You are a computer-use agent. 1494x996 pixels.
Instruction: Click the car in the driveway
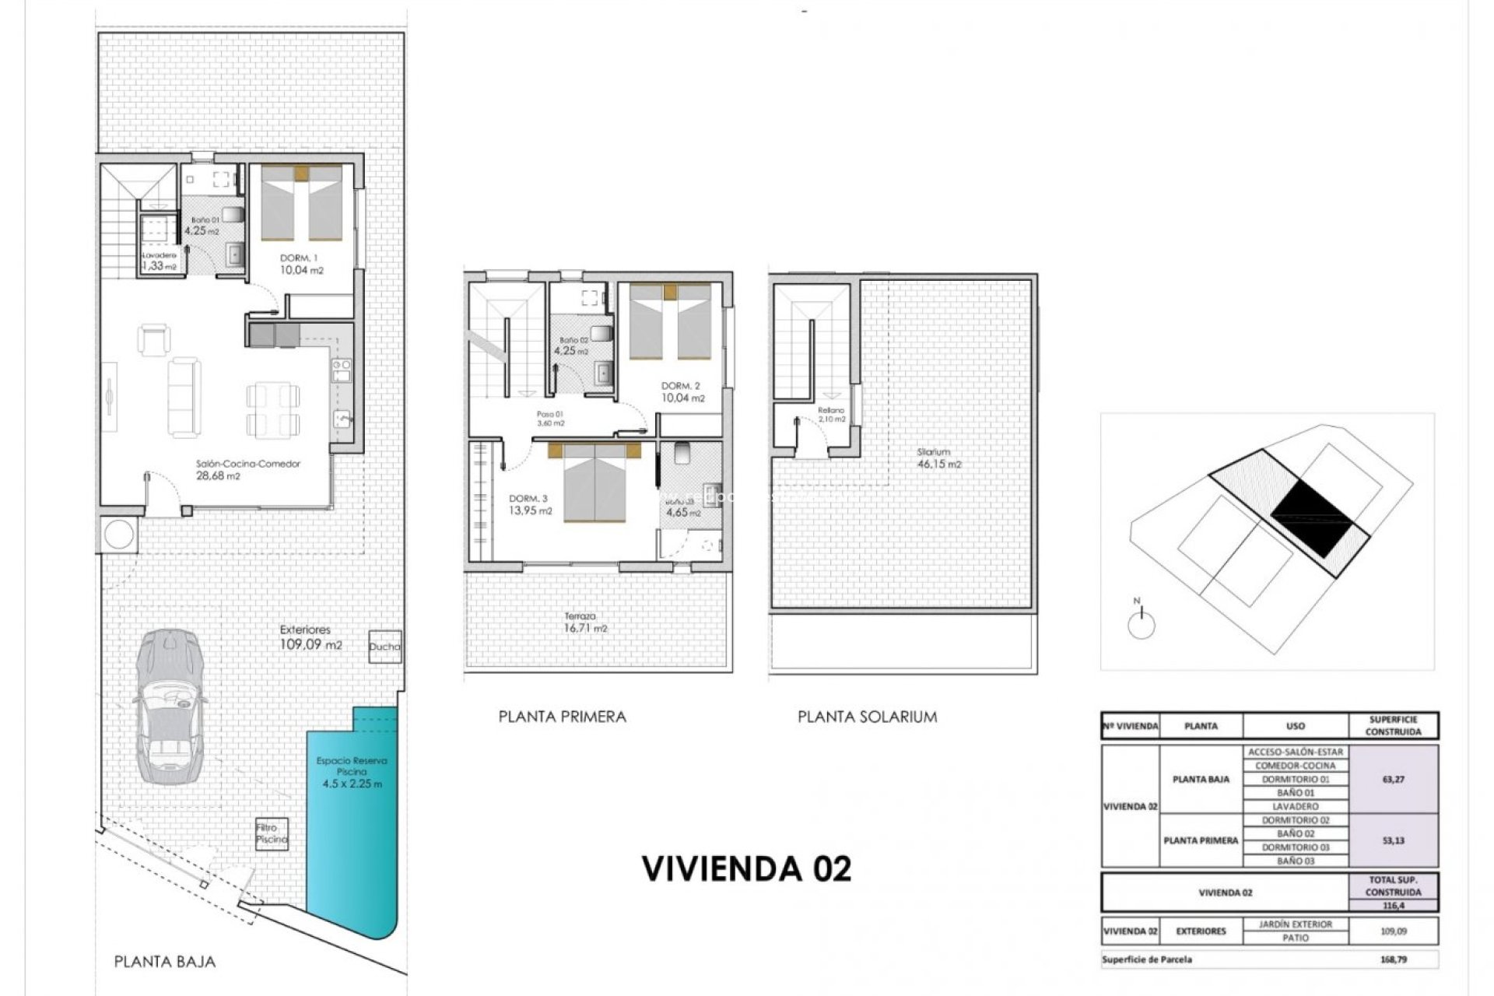click(170, 707)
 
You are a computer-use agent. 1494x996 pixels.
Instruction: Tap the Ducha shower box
click(385, 647)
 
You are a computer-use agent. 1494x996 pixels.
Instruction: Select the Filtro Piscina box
click(272, 834)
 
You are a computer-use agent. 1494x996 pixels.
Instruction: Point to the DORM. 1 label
click(300, 258)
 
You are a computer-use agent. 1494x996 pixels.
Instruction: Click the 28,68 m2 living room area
click(218, 476)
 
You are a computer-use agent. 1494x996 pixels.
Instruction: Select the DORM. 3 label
click(528, 499)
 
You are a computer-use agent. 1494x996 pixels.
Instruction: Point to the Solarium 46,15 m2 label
click(938, 458)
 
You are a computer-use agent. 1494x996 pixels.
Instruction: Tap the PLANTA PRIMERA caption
click(562, 717)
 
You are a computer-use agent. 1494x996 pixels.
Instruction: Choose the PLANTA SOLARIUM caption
click(867, 717)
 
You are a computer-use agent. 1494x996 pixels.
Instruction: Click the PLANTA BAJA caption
click(164, 962)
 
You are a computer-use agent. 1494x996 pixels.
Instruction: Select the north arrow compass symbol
click(1141, 622)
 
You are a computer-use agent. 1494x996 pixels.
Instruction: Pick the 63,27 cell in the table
click(1393, 779)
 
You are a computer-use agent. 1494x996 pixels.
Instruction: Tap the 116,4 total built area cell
click(1393, 906)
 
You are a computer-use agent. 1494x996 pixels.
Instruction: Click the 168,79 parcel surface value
click(1392, 959)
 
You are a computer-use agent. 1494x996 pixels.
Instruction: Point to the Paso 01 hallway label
click(550, 419)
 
